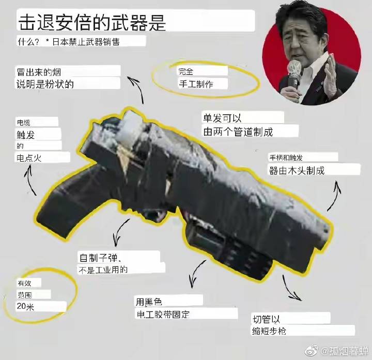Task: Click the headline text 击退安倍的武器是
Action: coord(92,23)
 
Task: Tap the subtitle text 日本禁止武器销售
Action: coord(86,42)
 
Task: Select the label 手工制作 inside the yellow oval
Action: coord(196,84)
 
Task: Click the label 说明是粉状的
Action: coord(45,84)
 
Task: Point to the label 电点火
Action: coord(29,158)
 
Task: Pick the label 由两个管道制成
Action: coord(238,132)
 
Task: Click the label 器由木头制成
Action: coord(297,170)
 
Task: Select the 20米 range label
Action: coord(25,306)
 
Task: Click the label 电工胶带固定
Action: coord(163,314)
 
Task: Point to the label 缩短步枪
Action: coord(269,331)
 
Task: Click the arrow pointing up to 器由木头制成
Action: coord(334,195)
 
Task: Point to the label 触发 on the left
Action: coord(26,135)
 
